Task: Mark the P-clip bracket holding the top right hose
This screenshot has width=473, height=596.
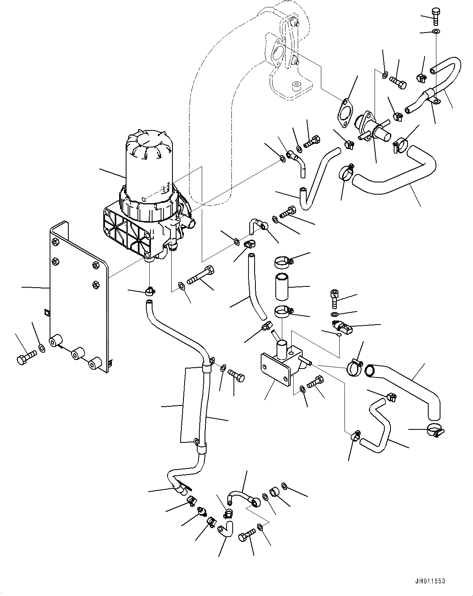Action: click(432, 96)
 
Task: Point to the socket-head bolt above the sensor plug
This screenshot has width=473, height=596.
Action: click(334, 299)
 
